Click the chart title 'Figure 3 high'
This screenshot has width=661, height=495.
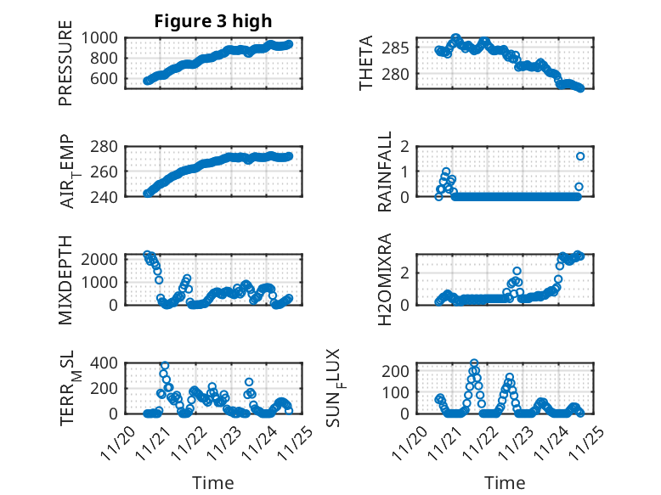(x=212, y=21)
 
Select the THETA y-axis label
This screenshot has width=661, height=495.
(x=366, y=63)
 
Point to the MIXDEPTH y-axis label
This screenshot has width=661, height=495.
(x=65, y=279)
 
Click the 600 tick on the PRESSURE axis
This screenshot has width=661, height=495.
(x=106, y=79)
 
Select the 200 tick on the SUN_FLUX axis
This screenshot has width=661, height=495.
(x=399, y=370)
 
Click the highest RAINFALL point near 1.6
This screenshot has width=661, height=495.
(x=580, y=156)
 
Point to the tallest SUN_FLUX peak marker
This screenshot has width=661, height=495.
(x=474, y=363)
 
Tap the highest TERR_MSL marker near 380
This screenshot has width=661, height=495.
(x=165, y=365)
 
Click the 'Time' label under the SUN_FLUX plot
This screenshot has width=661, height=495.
(x=505, y=483)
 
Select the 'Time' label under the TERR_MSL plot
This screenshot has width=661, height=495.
(x=212, y=483)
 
